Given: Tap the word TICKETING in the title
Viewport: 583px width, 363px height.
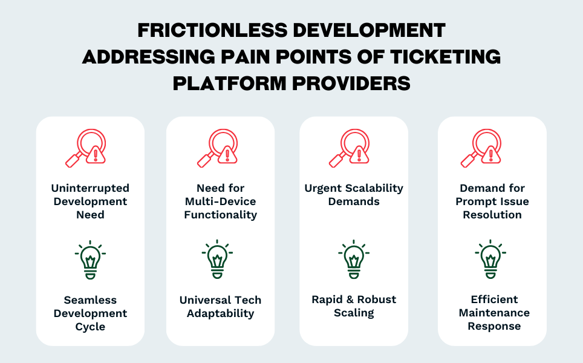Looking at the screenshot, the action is pos(445,56).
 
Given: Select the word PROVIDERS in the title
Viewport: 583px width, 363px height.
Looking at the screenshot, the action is pos(351,83).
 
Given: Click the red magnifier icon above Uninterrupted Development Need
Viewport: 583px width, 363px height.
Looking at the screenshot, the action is pos(86,148).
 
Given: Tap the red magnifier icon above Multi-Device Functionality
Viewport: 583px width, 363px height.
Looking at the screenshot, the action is pos(218,148).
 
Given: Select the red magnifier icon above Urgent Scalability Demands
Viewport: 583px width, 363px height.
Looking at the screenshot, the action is pos(349,148).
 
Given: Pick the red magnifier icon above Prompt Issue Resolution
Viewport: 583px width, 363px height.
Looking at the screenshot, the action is pos(481,148).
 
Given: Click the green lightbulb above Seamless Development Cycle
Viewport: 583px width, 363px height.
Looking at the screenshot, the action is pos(90,260).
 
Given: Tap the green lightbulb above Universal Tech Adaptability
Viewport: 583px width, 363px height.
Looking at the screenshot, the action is pos(218,259).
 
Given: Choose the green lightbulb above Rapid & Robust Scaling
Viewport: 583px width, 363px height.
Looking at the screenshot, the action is pos(354,259).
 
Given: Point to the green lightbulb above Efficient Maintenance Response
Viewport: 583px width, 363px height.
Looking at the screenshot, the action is pos(490,259).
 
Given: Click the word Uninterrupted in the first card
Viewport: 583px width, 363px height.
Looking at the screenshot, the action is pos(90,188).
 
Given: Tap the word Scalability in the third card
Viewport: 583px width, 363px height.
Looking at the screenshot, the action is pos(375,188).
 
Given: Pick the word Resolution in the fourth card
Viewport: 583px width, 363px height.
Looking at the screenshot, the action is pos(492,215).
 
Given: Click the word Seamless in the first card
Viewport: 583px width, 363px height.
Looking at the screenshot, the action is pos(90,299).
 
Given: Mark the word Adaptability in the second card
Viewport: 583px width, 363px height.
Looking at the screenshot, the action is pos(221,313).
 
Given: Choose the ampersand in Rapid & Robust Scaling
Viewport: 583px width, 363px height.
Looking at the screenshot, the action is pos(350,299).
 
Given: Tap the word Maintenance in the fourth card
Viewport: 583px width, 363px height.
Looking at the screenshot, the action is pos(494,313).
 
